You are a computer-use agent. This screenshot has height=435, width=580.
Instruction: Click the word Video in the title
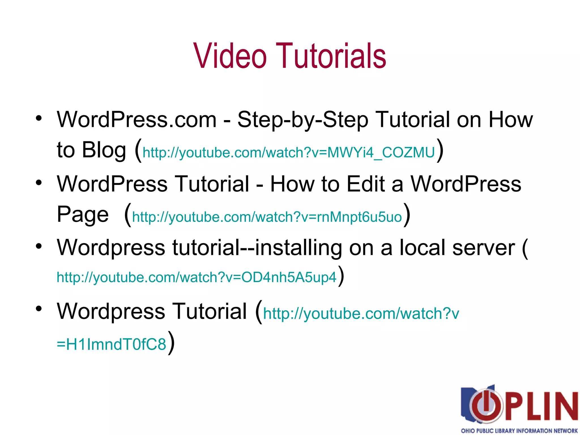click(x=230, y=56)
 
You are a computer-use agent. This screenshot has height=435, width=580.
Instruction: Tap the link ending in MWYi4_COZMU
click(x=289, y=153)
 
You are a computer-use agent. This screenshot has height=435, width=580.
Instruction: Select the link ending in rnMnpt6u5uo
click(x=267, y=217)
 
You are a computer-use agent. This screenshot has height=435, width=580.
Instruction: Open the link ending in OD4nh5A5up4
click(x=196, y=277)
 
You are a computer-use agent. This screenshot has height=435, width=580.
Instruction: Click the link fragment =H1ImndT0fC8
click(x=111, y=344)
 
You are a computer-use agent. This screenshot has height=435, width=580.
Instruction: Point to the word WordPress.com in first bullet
click(x=137, y=120)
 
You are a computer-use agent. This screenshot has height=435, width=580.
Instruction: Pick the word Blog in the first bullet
click(x=104, y=150)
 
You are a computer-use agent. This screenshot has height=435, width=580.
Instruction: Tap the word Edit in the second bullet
click(x=366, y=184)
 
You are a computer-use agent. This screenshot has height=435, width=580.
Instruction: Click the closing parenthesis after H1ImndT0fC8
click(x=171, y=343)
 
